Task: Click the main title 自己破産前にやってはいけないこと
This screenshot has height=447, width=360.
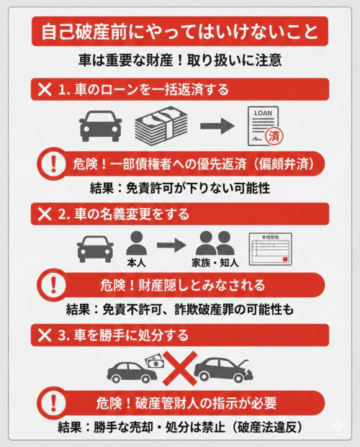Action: (x=180, y=32)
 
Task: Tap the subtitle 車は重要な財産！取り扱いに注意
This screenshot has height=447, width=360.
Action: (x=180, y=60)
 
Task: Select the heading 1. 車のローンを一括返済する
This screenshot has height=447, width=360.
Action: (x=144, y=89)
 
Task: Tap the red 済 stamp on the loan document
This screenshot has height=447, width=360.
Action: (x=274, y=135)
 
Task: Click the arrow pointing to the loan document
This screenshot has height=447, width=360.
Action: (x=217, y=126)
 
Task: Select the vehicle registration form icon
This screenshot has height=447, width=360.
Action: (x=274, y=250)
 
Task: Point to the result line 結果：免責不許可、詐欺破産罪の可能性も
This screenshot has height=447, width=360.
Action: (x=180, y=311)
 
